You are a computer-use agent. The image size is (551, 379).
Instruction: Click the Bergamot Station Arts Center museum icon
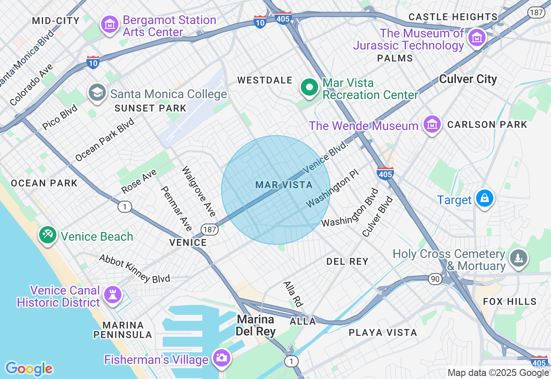pos(109,25)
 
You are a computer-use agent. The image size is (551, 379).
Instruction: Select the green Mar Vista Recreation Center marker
pos(309,87)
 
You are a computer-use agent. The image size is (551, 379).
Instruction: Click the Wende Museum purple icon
pos(432,124)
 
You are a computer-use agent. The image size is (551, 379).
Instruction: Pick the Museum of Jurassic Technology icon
pos(477,37)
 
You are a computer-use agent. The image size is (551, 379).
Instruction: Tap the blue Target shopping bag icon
pos(485,199)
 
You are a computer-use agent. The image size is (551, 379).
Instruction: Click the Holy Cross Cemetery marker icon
pos(518,258)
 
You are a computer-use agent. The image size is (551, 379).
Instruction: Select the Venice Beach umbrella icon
pos(47,235)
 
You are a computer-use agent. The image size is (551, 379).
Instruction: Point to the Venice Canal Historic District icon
pos(113,295)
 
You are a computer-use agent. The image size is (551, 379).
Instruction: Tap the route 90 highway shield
pos(435,280)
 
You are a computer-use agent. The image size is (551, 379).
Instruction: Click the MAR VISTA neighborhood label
pos(284,185)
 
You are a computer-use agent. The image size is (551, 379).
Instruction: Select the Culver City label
pos(468,79)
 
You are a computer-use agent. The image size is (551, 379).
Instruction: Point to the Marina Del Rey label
pos(256,325)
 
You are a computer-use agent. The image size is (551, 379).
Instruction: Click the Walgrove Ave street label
pos(199,192)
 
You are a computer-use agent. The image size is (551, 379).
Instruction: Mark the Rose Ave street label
pos(139,181)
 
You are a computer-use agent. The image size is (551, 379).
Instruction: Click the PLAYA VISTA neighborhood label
pos(383,332)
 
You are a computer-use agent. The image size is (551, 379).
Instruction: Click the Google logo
pos(29,369)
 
